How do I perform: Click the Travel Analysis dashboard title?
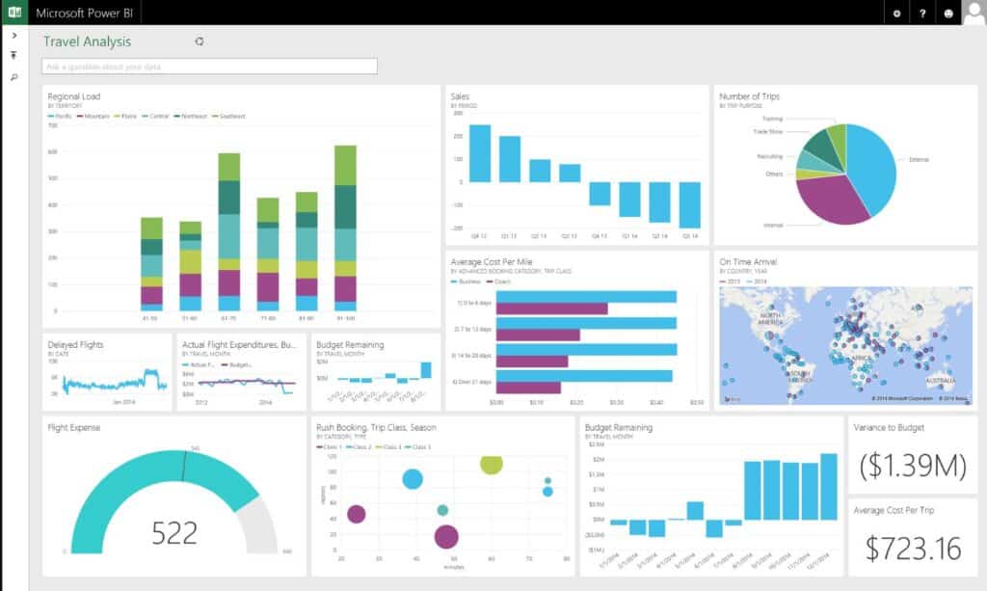click(x=87, y=41)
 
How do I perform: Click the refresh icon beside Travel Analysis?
click(x=200, y=41)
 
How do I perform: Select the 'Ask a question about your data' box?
click(x=209, y=67)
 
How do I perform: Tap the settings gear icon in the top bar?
click(x=896, y=13)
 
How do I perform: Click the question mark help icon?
click(x=922, y=13)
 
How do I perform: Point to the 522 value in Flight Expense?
click(x=174, y=532)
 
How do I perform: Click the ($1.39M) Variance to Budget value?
click(x=912, y=466)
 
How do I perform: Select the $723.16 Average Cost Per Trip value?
click(x=913, y=549)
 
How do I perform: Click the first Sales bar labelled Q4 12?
click(x=479, y=152)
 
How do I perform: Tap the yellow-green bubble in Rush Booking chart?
click(x=491, y=464)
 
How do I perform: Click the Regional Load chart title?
click(x=74, y=96)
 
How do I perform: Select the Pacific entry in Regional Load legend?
click(x=62, y=116)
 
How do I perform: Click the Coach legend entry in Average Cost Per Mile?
click(x=502, y=281)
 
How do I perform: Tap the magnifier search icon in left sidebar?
click(x=13, y=76)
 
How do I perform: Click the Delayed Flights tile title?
click(x=75, y=344)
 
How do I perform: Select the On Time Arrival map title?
click(x=748, y=261)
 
